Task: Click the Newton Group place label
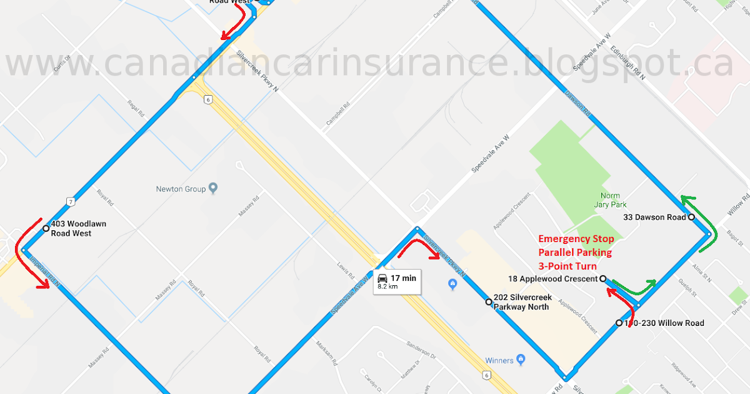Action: pyautogui.click(x=181, y=188)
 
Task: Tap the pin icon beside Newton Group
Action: pyautogui.click(x=212, y=188)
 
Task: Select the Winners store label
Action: pyautogui.click(x=499, y=360)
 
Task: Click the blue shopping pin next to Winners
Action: pyautogui.click(x=521, y=360)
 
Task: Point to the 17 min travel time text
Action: pyautogui.click(x=403, y=278)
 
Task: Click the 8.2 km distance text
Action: pyautogui.click(x=388, y=286)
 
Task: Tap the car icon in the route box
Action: pyautogui.click(x=382, y=278)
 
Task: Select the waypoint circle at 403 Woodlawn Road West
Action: pyautogui.click(x=46, y=229)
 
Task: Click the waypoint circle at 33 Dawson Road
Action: pyautogui.click(x=691, y=217)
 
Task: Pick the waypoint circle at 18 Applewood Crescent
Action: pyautogui.click(x=603, y=279)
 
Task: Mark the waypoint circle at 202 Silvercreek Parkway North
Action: pyautogui.click(x=488, y=302)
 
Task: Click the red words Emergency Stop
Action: pyautogui.click(x=576, y=239)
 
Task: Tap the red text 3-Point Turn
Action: pyautogui.click(x=567, y=266)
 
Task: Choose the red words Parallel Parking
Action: pyautogui.click(x=575, y=253)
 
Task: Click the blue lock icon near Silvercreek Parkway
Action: pyautogui.click(x=452, y=285)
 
